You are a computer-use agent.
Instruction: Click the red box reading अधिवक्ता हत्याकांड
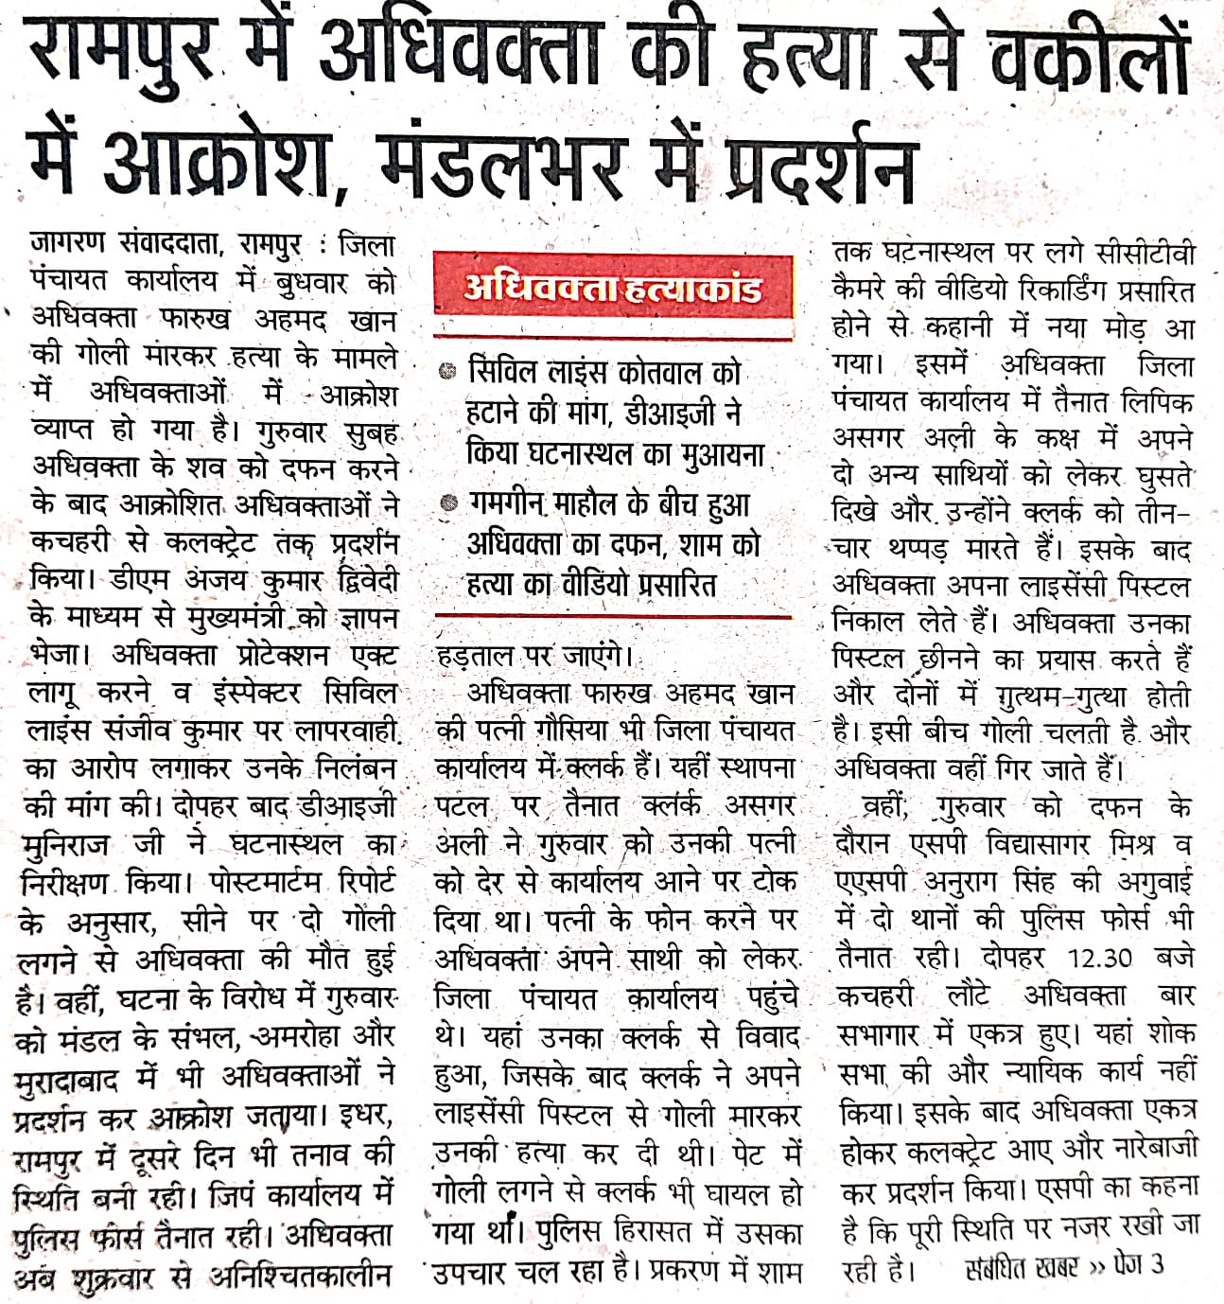613,287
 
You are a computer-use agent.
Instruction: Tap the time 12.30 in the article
1099,957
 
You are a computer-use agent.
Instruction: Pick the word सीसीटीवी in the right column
1145,254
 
